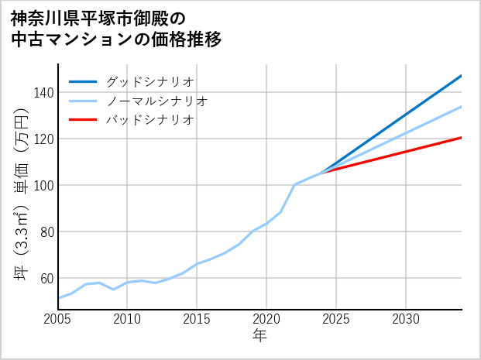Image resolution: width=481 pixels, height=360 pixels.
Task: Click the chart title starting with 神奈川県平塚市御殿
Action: tap(116, 29)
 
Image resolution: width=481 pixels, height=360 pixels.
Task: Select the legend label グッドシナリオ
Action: tap(149, 81)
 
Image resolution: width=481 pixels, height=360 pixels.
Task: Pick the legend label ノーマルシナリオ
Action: tap(156, 101)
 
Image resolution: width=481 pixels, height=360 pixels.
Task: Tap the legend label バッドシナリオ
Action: tap(149, 120)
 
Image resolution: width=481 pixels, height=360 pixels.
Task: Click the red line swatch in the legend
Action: tap(83, 120)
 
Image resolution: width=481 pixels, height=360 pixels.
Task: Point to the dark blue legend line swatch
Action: tap(83, 81)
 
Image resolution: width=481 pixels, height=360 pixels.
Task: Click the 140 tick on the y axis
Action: tap(44, 93)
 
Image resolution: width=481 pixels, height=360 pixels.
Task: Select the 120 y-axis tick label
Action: tap(44, 139)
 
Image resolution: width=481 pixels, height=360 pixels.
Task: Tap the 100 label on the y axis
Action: tap(44, 186)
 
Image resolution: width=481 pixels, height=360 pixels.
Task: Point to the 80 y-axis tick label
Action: tap(46, 232)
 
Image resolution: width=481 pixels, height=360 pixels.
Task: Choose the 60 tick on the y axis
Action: tap(46, 279)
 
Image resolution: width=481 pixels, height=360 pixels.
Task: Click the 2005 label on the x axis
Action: tap(58, 319)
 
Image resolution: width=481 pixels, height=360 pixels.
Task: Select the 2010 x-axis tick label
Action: tap(128, 319)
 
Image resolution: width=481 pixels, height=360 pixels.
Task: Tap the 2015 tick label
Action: tap(198, 319)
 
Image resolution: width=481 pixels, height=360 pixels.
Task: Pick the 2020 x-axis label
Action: tap(266, 319)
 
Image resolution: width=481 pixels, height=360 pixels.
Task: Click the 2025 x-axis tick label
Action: tap(336, 319)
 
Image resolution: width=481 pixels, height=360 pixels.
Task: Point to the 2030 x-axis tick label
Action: tap(406, 319)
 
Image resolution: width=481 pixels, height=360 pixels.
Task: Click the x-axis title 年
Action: tap(260, 336)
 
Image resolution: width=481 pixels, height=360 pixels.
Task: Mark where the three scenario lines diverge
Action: tap(322, 171)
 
